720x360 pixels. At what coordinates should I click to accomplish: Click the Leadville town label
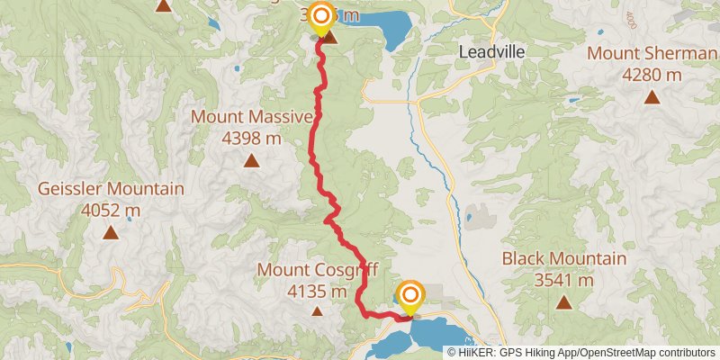click(x=491, y=52)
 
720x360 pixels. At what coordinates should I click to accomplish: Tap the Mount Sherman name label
click(x=652, y=53)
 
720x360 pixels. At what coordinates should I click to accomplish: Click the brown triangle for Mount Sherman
click(x=651, y=95)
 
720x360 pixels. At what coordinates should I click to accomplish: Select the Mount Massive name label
click(x=252, y=117)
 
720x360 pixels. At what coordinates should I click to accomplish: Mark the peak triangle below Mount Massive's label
click(x=251, y=162)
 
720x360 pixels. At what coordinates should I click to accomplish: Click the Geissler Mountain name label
click(x=111, y=190)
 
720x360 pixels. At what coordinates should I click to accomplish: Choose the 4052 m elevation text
click(x=111, y=211)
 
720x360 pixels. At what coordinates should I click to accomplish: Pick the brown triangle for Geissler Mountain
click(x=110, y=233)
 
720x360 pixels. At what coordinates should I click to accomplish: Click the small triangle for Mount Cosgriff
click(x=317, y=311)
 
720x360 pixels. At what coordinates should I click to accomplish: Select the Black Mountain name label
click(x=564, y=259)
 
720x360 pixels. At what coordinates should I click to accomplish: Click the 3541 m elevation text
click(x=564, y=280)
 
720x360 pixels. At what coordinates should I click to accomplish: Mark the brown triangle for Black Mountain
click(x=563, y=302)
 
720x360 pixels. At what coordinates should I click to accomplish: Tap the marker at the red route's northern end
click(x=320, y=15)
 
